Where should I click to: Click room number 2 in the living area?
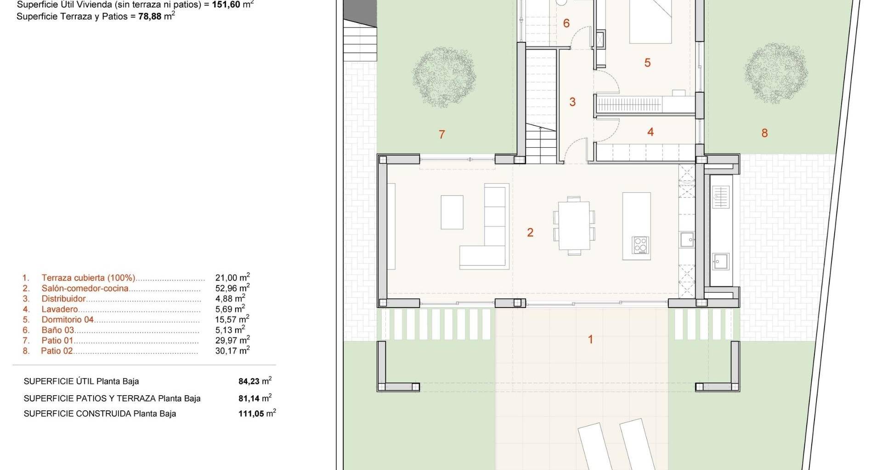[530, 232]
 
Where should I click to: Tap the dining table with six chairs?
[574, 226]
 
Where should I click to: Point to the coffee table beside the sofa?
[452, 212]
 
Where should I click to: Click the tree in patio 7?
[443, 77]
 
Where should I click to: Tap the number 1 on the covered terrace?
[590, 340]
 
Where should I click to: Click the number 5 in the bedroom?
[647, 62]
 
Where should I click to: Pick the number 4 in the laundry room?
[650, 132]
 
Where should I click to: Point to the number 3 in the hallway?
[572, 102]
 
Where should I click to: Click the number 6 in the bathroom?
[566, 23]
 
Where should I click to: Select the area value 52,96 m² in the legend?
[232, 288]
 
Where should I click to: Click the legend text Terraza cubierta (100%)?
[89, 278]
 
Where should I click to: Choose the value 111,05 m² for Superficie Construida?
[257, 413]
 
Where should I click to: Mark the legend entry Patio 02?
[57, 351]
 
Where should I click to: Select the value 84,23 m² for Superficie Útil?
[255, 381]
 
